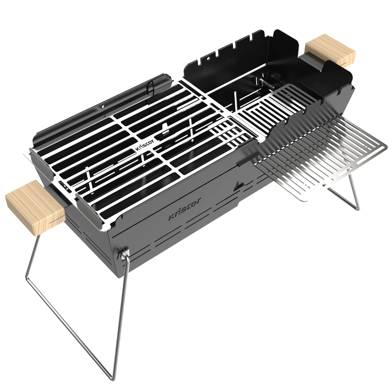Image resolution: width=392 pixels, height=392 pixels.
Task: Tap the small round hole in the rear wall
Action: point(102,106)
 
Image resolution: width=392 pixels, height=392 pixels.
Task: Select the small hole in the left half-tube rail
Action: point(102,106)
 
